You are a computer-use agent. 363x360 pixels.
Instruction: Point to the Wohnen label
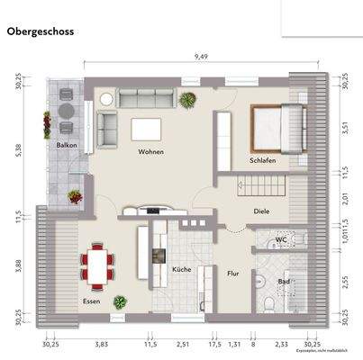point(151,152)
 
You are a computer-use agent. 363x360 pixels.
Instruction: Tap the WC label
point(281,239)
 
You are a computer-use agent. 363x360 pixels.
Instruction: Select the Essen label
point(91,301)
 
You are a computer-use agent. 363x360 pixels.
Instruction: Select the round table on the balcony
point(65,110)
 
